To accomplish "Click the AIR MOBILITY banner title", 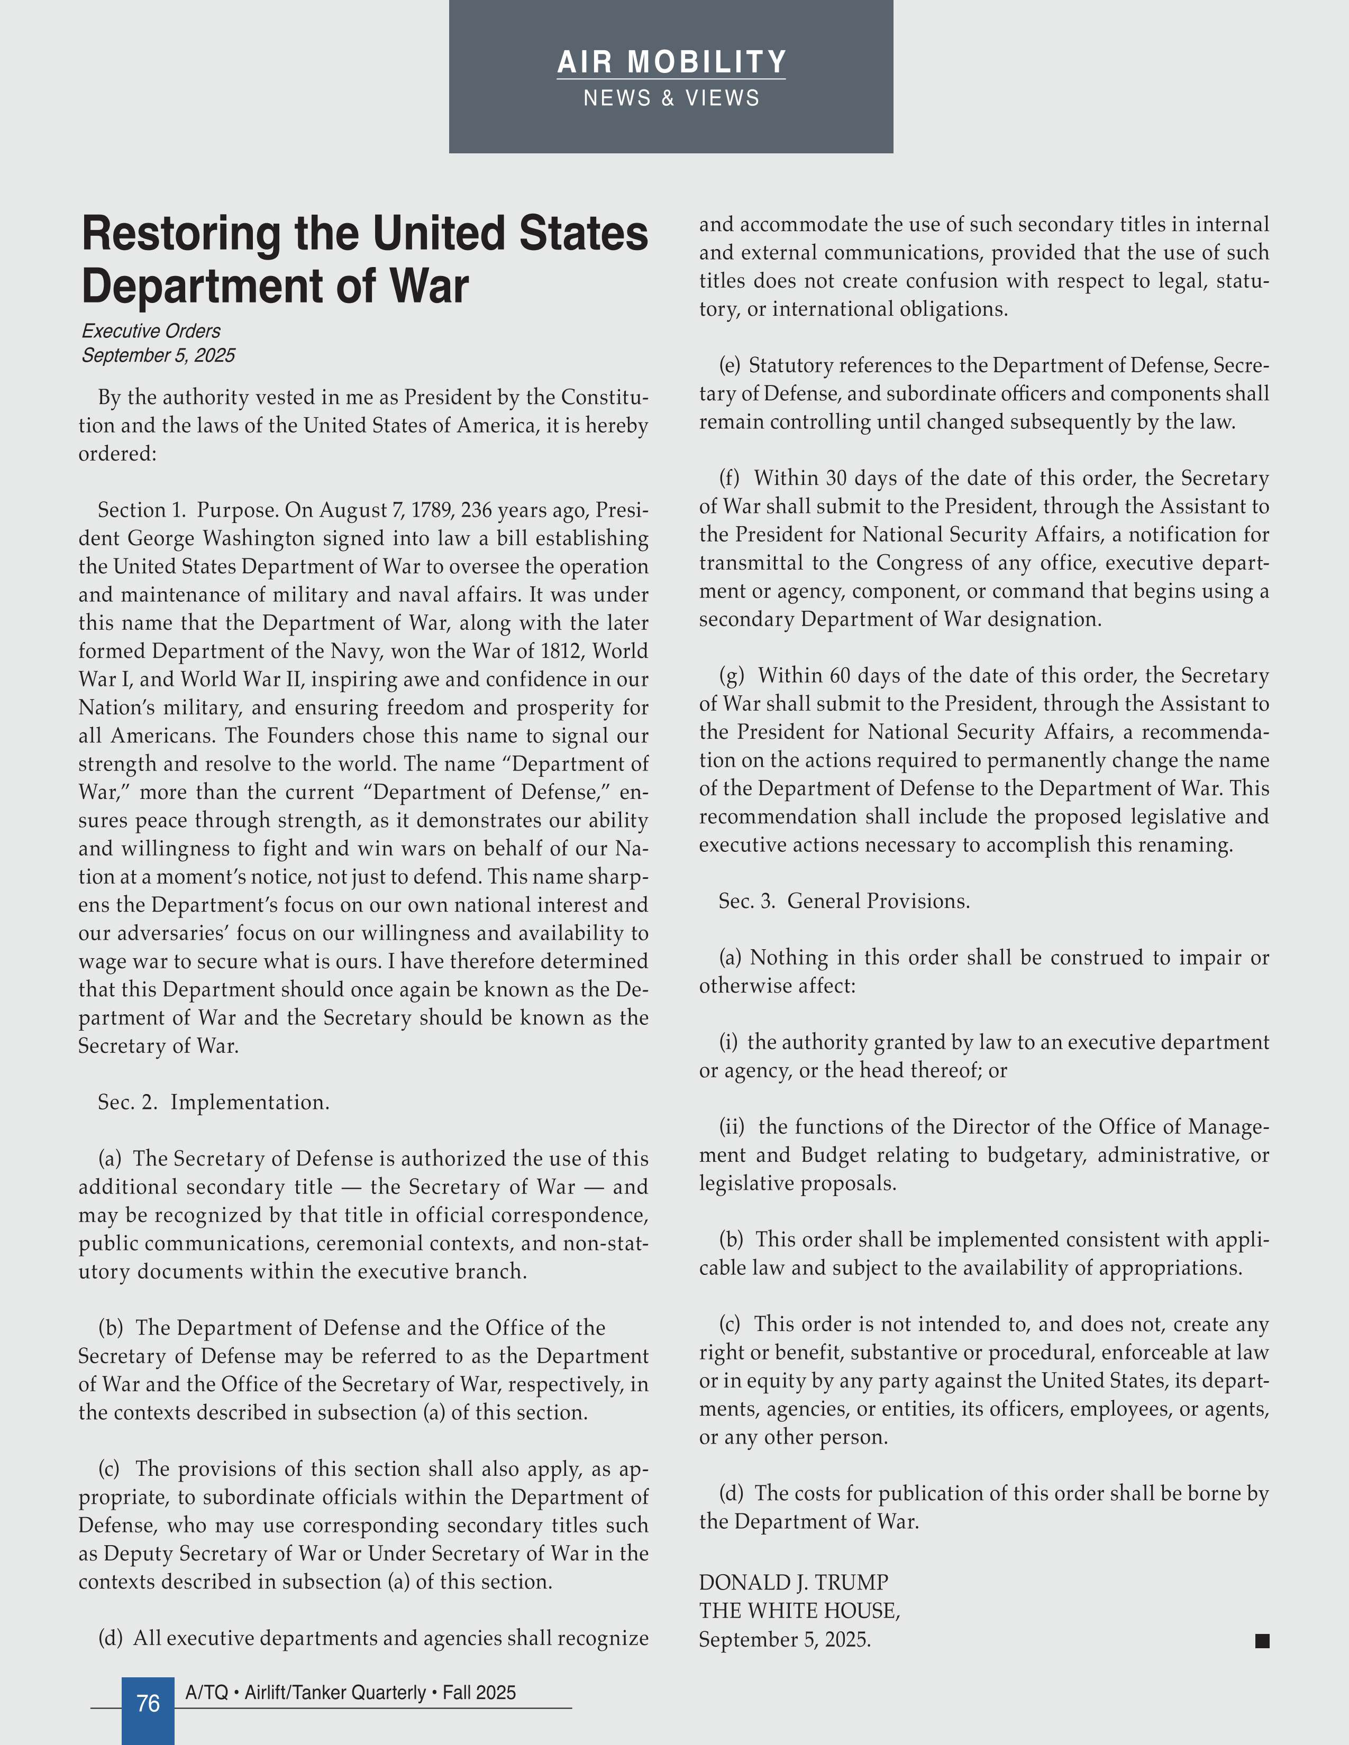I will (x=671, y=61).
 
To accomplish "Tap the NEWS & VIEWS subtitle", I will (x=671, y=98).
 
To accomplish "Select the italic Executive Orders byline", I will (x=151, y=331).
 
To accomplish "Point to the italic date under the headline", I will (x=158, y=355).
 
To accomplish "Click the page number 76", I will (x=148, y=1703).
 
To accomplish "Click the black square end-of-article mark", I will (x=1262, y=1641).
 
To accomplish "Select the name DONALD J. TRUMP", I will (x=794, y=1583).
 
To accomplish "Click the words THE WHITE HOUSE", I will (x=799, y=1611).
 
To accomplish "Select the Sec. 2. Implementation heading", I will (x=213, y=1103).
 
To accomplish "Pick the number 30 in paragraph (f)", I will (x=836, y=478).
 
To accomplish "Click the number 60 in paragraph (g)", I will (x=840, y=675).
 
